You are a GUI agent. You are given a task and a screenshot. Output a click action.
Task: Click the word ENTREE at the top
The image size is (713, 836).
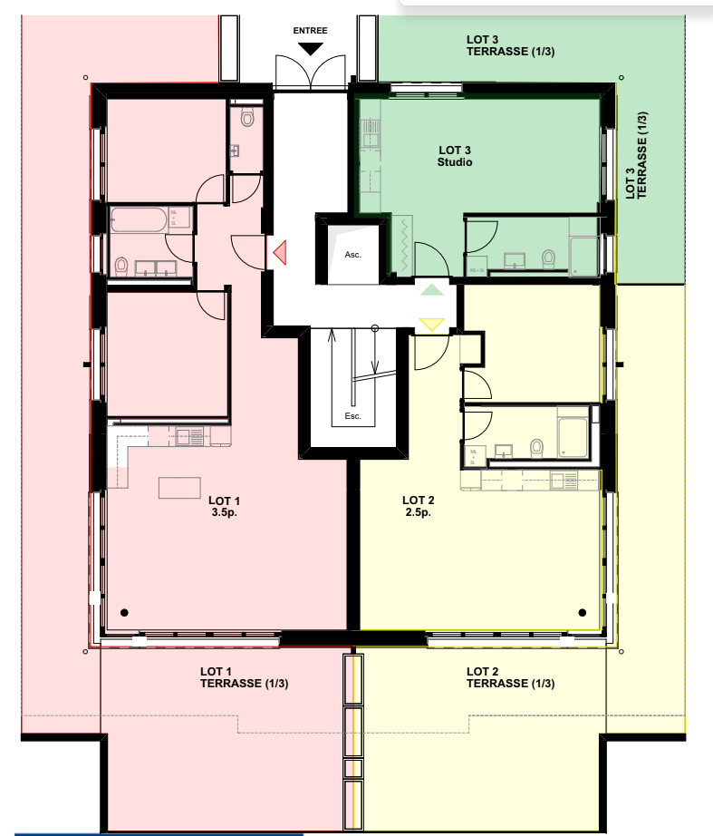click(x=310, y=30)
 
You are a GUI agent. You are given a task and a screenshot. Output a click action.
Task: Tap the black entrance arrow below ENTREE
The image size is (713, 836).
click(x=310, y=48)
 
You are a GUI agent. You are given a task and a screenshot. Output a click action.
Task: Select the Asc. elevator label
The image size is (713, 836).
click(x=352, y=255)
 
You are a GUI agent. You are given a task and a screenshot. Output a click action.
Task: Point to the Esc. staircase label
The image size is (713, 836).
click(x=353, y=417)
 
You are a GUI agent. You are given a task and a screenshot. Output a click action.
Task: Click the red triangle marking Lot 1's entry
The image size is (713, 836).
click(x=280, y=253)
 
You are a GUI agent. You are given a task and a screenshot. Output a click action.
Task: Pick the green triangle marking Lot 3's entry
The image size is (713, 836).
click(x=432, y=289)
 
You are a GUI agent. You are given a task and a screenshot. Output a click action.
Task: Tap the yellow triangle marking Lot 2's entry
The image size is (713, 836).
click(x=431, y=324)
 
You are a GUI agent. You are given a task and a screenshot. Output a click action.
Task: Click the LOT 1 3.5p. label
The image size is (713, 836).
click(x=224, y=506)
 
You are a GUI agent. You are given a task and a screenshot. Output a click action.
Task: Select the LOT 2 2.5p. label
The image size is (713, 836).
click(x=419, y=506)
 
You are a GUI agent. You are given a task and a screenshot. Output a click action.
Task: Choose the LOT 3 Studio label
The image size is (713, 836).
click(x=455, y=156)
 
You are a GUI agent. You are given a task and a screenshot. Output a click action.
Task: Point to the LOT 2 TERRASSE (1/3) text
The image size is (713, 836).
click(x=510, y=677)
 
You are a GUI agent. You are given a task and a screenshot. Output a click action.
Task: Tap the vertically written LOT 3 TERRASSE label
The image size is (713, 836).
click(x=637, y=155)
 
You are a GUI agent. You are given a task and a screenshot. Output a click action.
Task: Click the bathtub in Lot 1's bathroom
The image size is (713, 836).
click(x=139, y=220)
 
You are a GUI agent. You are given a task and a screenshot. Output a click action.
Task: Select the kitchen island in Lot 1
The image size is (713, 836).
click(x=179, y=488)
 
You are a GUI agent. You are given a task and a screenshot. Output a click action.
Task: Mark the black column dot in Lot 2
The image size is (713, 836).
click(x=583, y=611)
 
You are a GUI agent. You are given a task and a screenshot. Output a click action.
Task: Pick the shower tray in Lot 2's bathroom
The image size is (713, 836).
click(x=573, y=436)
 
